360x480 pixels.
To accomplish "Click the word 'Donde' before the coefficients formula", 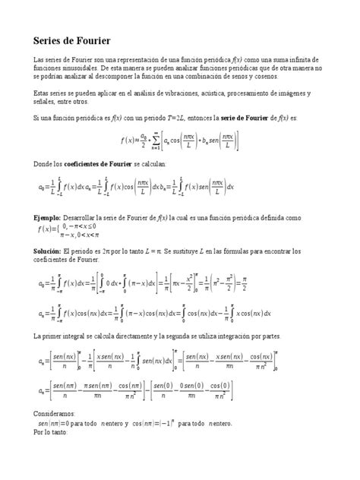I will (43, 164).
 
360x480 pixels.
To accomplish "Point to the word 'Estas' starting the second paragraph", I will (42, 93).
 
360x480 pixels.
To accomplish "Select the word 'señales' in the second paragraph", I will (46, 101).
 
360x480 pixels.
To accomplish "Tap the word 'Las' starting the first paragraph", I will (38, 59).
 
